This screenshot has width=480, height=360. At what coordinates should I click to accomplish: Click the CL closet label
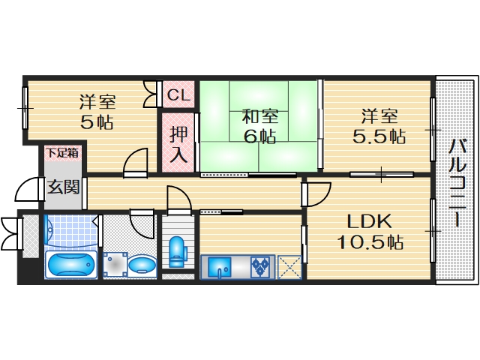(x=178, y=95)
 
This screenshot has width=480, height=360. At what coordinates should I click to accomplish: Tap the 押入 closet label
(x=178, y=145)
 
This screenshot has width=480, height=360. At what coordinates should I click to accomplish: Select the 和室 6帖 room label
(x=259, y=127)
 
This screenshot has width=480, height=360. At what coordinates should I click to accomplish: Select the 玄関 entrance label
(x=64, y=187)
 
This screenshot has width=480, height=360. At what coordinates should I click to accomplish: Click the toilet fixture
(x=178, y=251)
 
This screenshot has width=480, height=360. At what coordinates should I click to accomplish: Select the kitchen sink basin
(x=220, y=266)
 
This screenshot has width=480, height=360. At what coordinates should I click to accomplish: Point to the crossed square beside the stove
(x=289, y=266)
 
